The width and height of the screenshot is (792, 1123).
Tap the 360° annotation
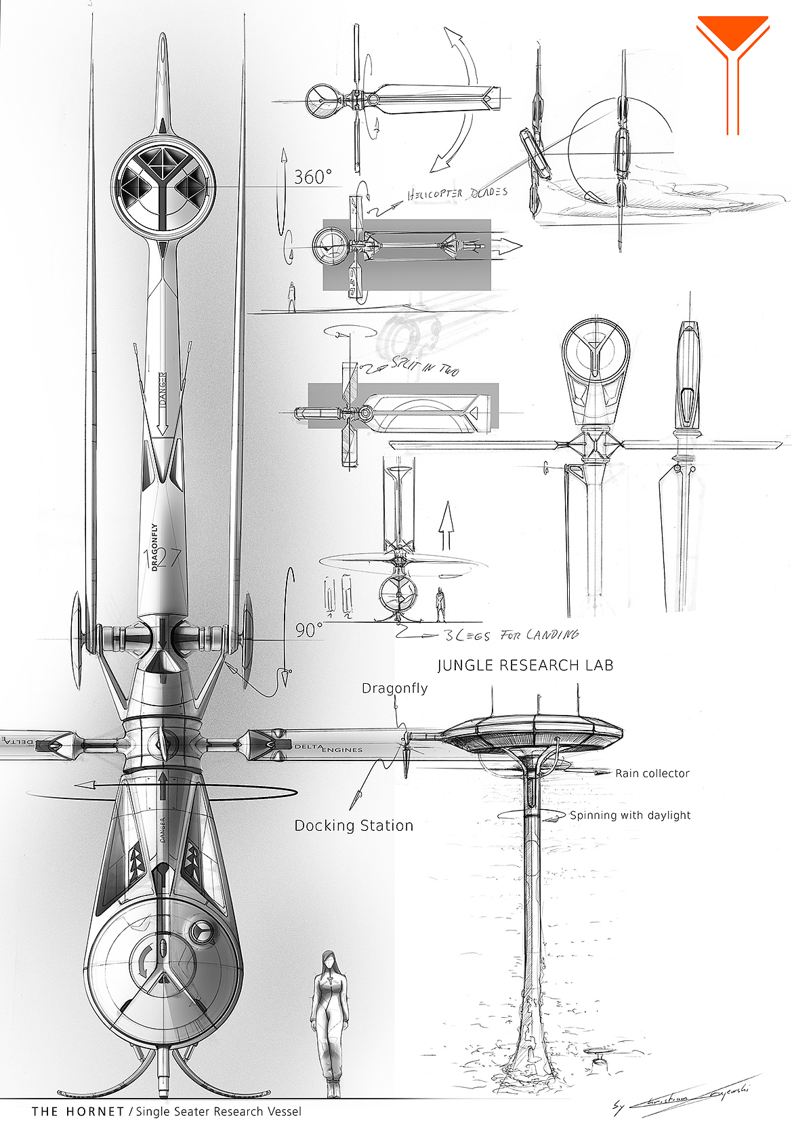coord(312,177)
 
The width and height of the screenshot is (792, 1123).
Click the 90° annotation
coord(308,630)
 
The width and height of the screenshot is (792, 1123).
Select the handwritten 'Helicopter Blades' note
coord(457,194)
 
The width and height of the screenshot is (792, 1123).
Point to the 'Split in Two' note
coord(425,367)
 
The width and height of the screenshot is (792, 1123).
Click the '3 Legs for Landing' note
coord(511,635)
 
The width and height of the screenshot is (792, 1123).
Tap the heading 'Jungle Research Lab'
coord(525,665)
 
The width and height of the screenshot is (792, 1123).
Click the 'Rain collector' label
coord(652,773)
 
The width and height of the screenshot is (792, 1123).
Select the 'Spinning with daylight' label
coord(630,815)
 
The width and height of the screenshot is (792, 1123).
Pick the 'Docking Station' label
coord(354,825)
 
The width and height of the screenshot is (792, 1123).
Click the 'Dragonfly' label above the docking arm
coord(394,689)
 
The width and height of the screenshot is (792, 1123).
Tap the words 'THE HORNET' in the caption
coord(77,1111)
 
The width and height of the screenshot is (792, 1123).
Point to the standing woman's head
coord(329,960)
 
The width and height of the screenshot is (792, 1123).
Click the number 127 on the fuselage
coord(163,558)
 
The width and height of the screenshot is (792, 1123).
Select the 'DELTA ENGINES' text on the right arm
coord(329,748)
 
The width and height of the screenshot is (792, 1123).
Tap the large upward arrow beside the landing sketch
coord(446,525)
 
